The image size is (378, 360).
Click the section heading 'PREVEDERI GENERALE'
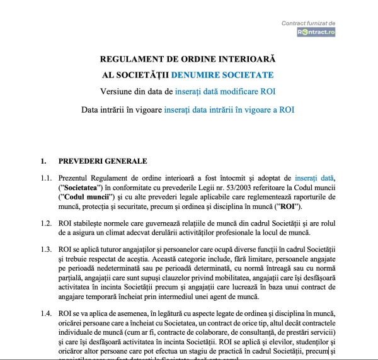pos(94,161)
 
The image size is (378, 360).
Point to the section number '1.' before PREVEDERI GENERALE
pos(43,161)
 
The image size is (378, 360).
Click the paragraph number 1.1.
pos(46,178)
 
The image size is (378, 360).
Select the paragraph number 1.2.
pos(46,223)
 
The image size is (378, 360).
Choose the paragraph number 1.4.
pos(46,314)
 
